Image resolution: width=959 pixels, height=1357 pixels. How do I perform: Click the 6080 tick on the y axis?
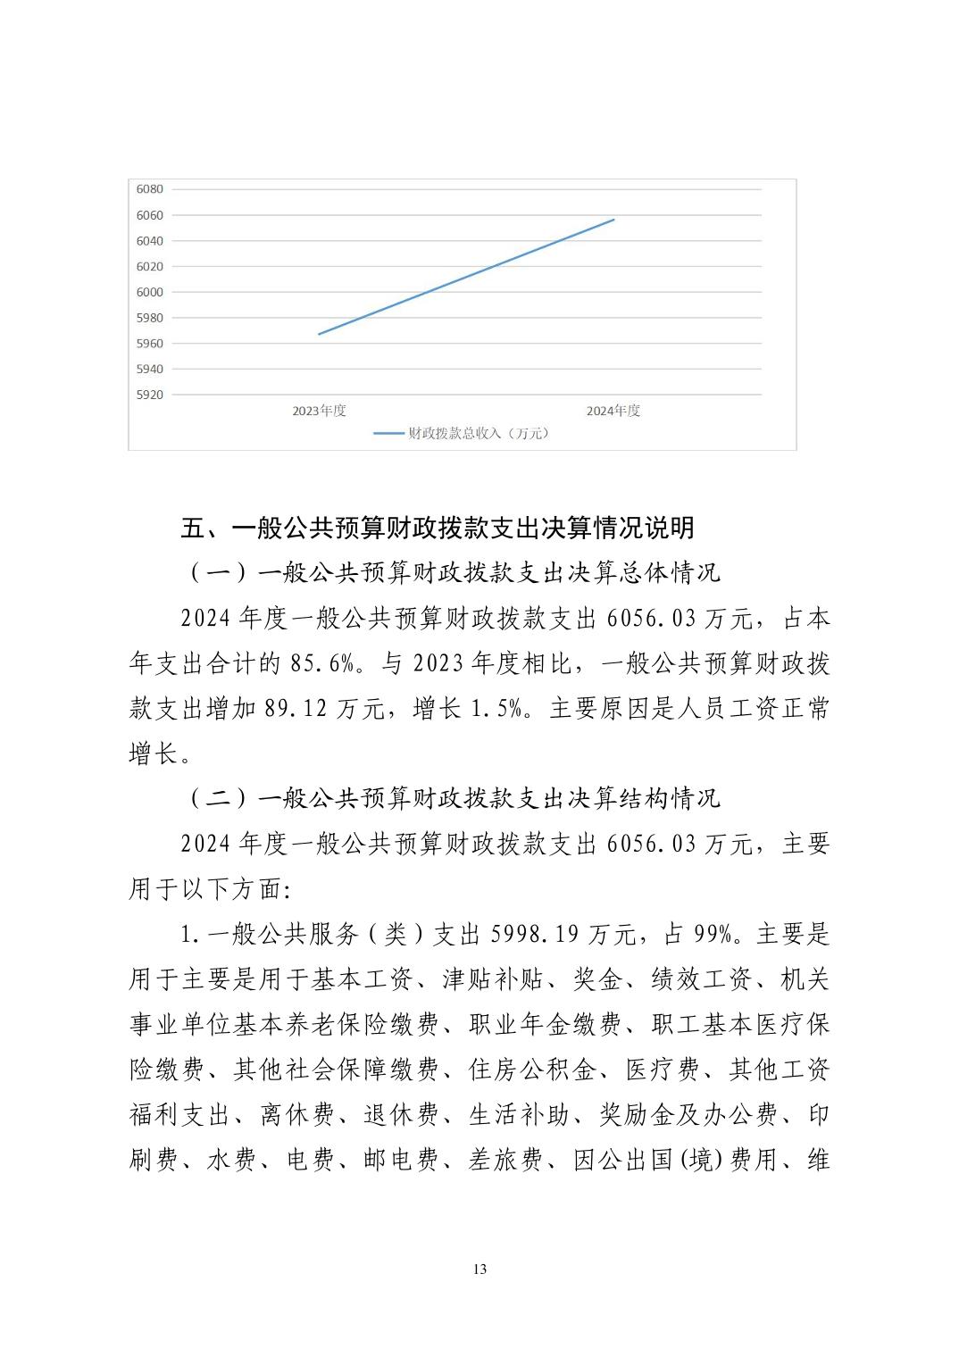click(149, 189)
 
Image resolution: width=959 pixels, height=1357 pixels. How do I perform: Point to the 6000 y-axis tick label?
click(149, 292)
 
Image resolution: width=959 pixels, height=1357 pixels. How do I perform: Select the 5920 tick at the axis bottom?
click(149, 395)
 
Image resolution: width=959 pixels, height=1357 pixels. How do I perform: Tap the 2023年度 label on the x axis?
click(319, 412)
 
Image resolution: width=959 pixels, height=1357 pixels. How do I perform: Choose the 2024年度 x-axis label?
click(613, 412)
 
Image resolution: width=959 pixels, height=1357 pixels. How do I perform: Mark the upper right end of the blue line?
click(614, 220)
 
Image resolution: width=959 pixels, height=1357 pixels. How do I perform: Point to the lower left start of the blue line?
click(319, 334)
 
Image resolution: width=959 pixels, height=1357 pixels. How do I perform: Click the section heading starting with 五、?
click(438, 528)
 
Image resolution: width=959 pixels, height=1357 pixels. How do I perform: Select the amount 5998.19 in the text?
click(535, 935)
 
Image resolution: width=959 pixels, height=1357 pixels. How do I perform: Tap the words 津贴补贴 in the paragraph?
click(493, 980)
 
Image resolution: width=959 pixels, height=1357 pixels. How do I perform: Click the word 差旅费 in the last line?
click(505, 1161)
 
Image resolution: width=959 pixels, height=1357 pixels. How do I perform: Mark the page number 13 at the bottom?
click(480, 1270)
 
